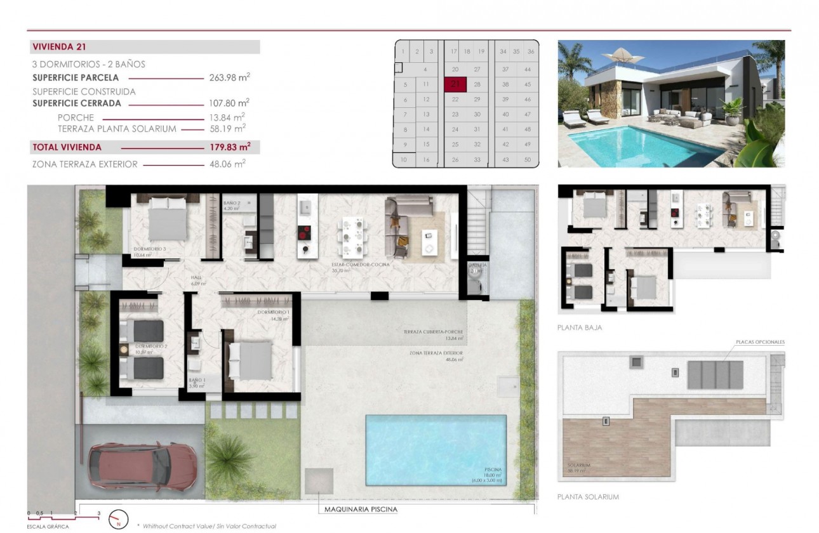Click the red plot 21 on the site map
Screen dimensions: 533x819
455,84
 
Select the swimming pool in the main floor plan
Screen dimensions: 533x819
436,451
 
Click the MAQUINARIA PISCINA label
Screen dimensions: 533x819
361,509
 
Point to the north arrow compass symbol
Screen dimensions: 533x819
118,520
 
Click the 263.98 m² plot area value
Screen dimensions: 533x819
229,77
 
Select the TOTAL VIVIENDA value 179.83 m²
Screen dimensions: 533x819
229,147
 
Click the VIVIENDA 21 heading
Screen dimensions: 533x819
59,46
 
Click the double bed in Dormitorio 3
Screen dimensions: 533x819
168,218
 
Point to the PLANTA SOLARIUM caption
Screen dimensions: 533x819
587,497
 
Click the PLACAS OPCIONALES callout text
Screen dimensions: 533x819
760,342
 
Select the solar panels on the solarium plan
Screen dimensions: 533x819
715,375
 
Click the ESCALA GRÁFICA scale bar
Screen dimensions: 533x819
63,514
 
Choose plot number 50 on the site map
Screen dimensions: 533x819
527,160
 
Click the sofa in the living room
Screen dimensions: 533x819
400,225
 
